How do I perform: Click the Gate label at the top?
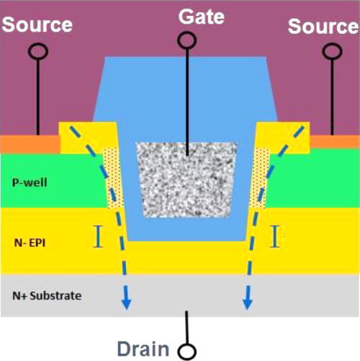coord(186,17)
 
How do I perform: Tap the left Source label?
coord(37,24)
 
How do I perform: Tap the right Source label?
coord(323,27)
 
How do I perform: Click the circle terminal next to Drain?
coord(189,351)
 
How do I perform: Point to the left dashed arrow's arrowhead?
coord(127,303)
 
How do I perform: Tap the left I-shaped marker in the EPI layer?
coord(99,236)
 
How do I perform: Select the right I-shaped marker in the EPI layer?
coord(274,236)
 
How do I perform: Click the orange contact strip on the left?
coord(30,144)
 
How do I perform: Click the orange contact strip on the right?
coord(335,143)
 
